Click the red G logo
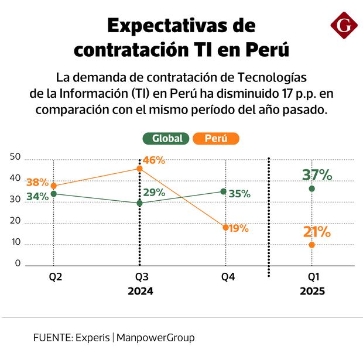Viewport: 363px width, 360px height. point(344,26)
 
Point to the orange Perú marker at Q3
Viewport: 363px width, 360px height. point(139,169)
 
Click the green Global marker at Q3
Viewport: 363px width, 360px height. point(139,203)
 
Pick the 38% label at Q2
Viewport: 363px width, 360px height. point(37,181)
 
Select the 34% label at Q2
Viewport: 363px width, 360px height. point(37,196)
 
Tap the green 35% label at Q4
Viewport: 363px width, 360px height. point(239,193)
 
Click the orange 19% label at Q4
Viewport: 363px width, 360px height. point(237,228)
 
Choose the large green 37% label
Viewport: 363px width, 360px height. point(317,174)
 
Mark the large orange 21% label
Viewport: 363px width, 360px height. point(317,232)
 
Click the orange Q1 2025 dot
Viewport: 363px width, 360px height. point(312,245)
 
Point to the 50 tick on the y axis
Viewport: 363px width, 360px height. point(15,157)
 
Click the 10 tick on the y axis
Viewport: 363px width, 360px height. point(15,242)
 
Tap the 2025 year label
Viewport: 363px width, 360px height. point(312,291)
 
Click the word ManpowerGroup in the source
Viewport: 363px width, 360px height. point(156,338)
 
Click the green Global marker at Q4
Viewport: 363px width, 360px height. point(224,191)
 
